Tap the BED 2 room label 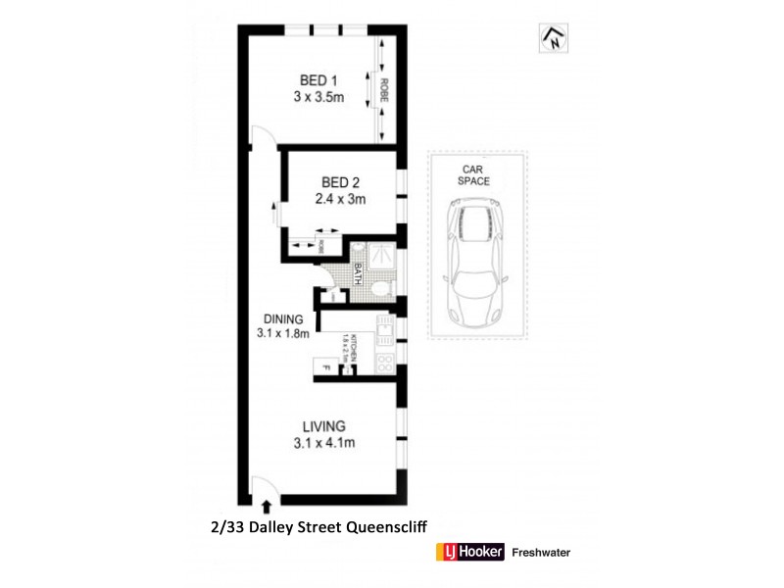(340, 181)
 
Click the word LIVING (322, 426)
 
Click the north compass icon (552, 38)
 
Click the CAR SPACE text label (475, 174)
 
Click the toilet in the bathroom (383, 285)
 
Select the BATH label (359, 274)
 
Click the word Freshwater (541, 553)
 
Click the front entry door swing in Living (262, 486)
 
